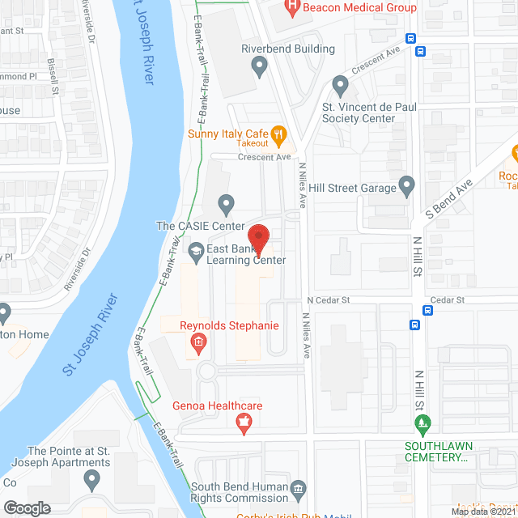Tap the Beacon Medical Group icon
[292, 9]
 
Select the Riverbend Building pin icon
[259, 67]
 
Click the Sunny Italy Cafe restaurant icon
[278, 134]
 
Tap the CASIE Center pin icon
[227, 202]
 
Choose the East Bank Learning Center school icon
[196, 253]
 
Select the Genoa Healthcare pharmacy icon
[240, 422]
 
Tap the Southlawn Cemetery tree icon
[422, 422]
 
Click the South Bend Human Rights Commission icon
[299, 487]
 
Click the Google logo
[27, 507]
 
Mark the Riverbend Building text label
[288, 49]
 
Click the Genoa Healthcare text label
[217, 406]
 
